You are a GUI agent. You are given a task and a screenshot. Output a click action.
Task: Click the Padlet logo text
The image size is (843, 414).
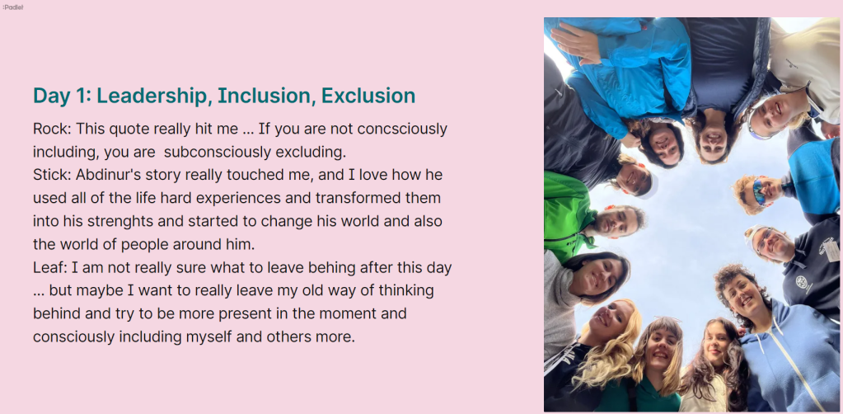[13, 7]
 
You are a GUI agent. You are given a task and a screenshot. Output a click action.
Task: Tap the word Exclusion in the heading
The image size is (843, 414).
[368, 96]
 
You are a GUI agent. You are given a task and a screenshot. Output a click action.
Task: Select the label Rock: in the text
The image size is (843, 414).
[52, 129]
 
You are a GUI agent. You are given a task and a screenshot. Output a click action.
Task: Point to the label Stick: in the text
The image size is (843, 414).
[52, 175]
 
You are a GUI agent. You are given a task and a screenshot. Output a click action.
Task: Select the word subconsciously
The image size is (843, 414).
[218, 153]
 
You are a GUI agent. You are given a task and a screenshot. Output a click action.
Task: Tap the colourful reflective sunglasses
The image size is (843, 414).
[759, 191]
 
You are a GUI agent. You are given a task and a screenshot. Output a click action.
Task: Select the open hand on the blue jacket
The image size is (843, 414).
[575, 42]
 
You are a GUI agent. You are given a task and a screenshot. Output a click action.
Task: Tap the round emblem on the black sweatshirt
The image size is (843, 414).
[802, 281]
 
